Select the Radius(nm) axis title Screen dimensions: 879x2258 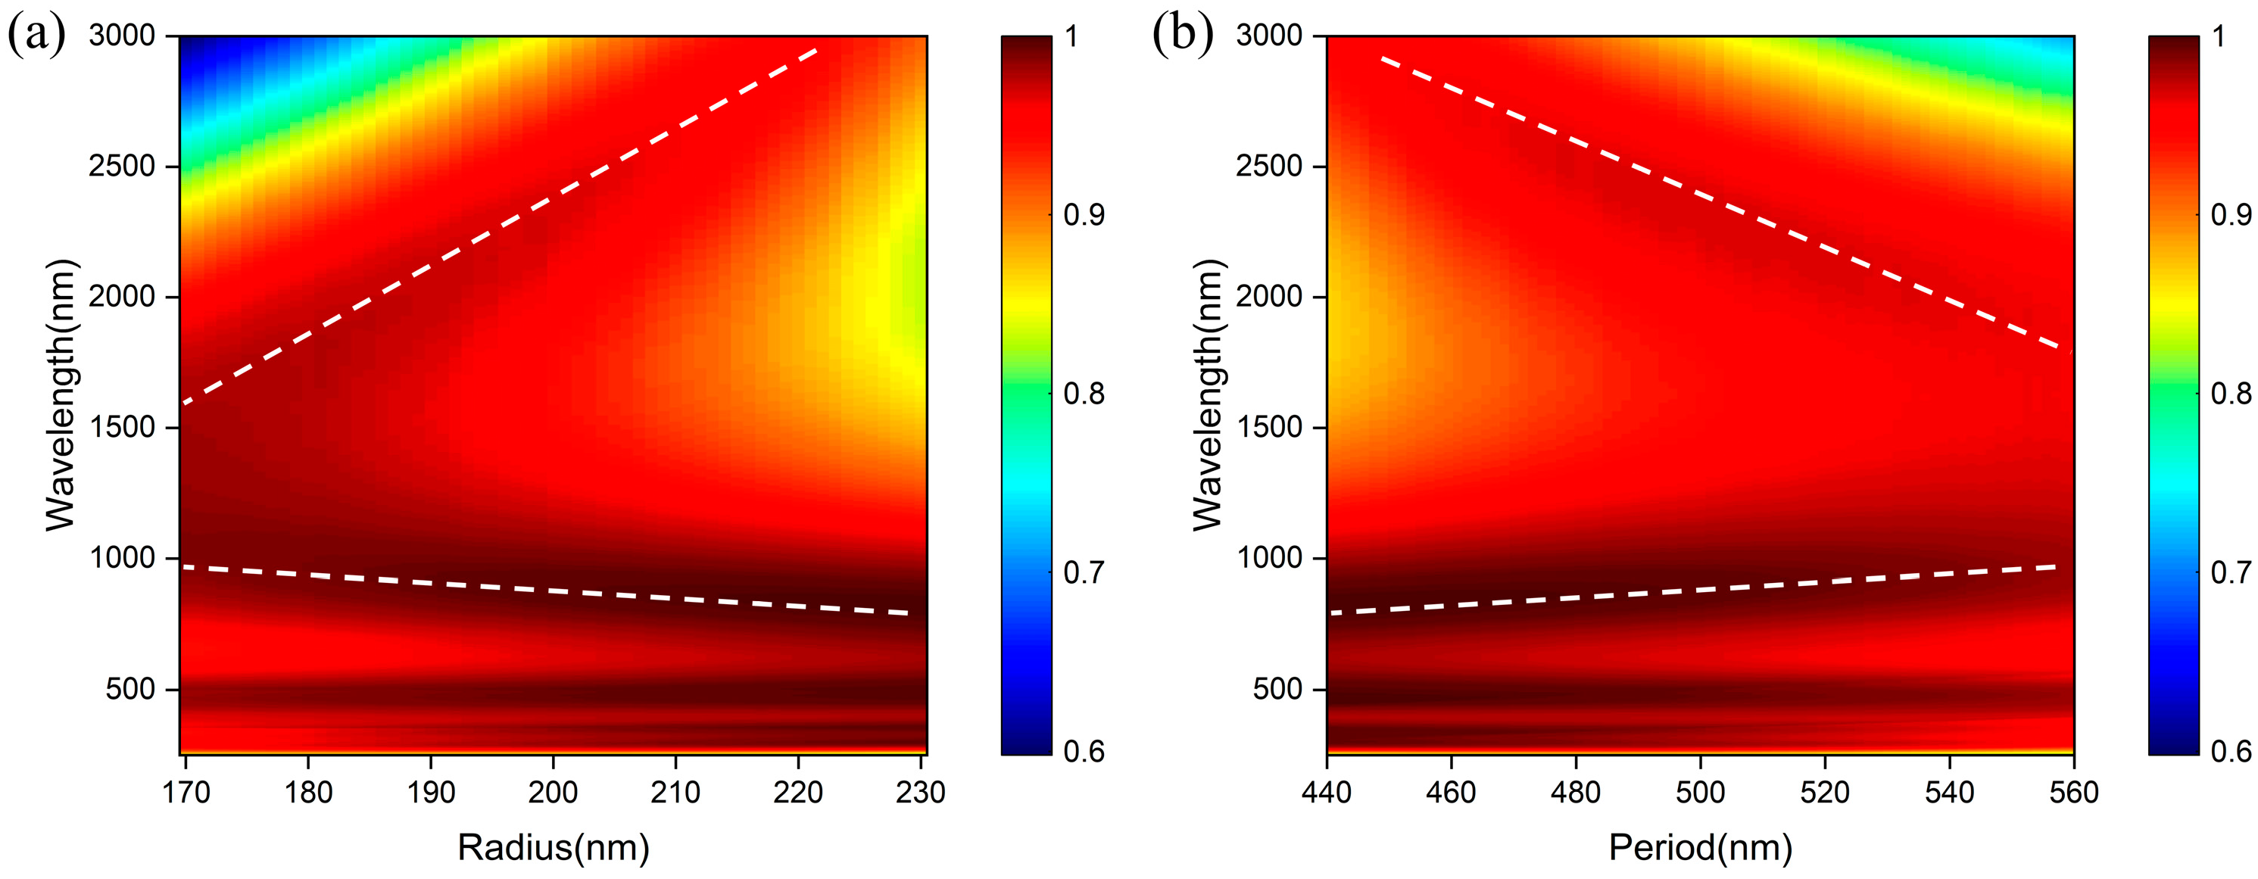[553, 846]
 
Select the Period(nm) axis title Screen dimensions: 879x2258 [1700, 846]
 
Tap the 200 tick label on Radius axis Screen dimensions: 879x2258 [552, 791]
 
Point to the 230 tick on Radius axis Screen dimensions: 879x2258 [920, 791]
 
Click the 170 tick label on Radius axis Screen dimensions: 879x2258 [186, 791]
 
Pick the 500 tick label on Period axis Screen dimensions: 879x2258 [1700, 791]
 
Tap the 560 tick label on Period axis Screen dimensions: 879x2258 [2074, 791]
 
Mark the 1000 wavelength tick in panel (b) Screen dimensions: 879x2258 [1268, 557]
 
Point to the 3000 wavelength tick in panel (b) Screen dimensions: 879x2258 [1268, 35]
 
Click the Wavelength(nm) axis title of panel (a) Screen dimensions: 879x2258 [61, 394]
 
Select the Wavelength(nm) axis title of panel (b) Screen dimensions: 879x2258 [1208, 394]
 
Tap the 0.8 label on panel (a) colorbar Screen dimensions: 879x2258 [1084, 394]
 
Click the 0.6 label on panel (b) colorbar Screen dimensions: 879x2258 [2231, 750]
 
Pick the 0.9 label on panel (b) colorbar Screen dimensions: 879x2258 [2231, 215]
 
